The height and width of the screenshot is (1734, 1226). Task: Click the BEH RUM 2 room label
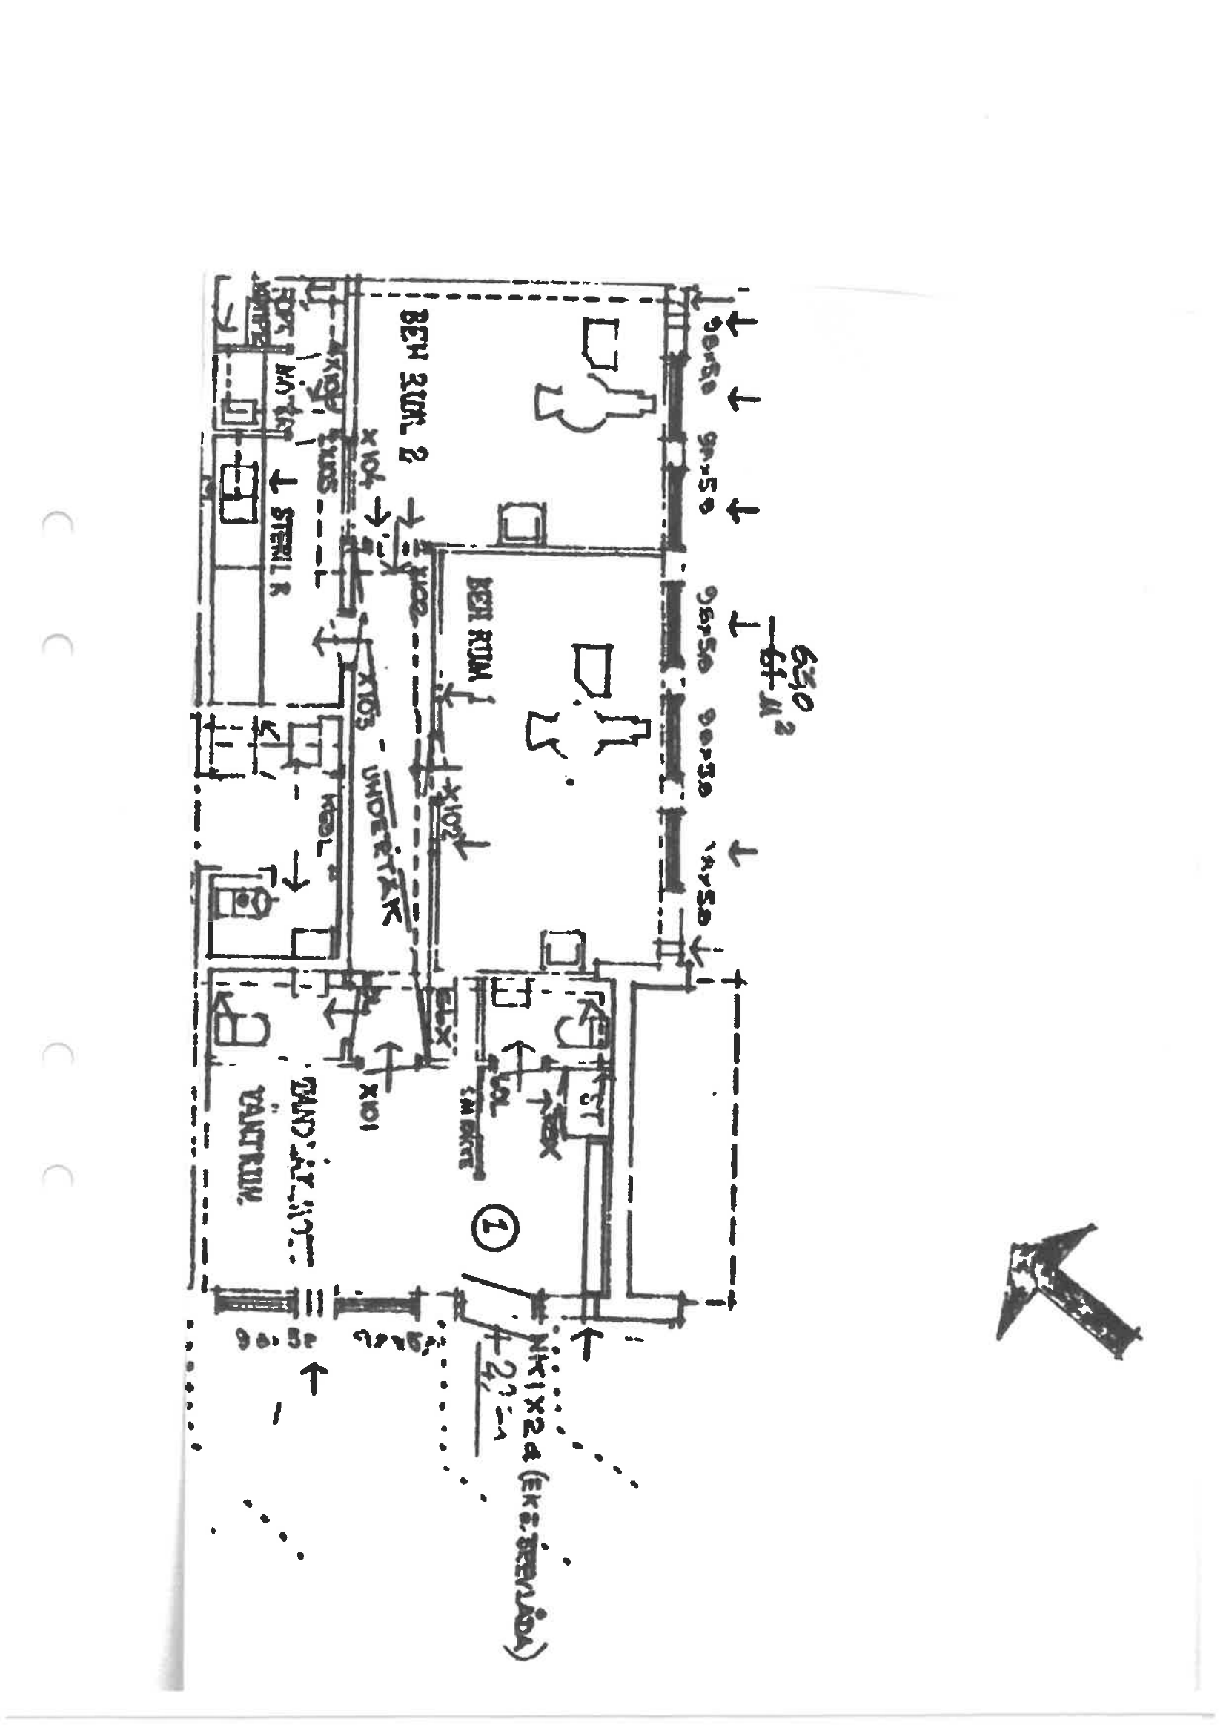pyautogui.click(x=414, y=385)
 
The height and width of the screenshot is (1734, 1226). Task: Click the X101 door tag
pyautogui.click(x=369, y=1108)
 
